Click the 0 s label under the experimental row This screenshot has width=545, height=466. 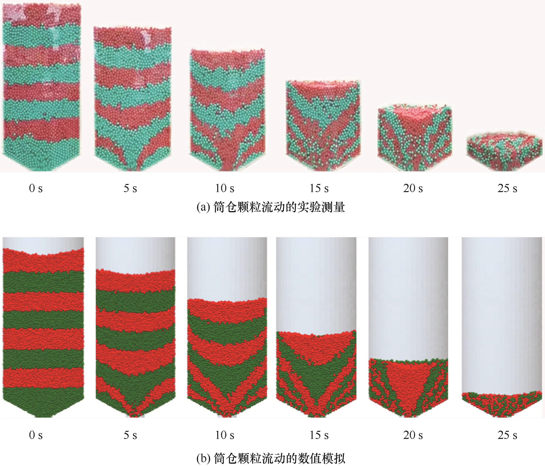[36, 188]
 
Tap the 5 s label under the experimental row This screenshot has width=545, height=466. [130, 188]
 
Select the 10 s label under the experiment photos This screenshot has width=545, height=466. [225, 188]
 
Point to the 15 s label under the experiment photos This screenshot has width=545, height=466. [319, 188]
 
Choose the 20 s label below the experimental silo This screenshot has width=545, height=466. [413, 188]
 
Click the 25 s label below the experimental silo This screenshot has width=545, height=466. [507, 188]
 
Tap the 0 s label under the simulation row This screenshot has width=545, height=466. [36, 435]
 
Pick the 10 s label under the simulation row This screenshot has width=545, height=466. [225, 435]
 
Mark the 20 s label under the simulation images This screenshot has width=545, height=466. [413, 435]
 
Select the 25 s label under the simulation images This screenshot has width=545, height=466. [507, 435]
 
